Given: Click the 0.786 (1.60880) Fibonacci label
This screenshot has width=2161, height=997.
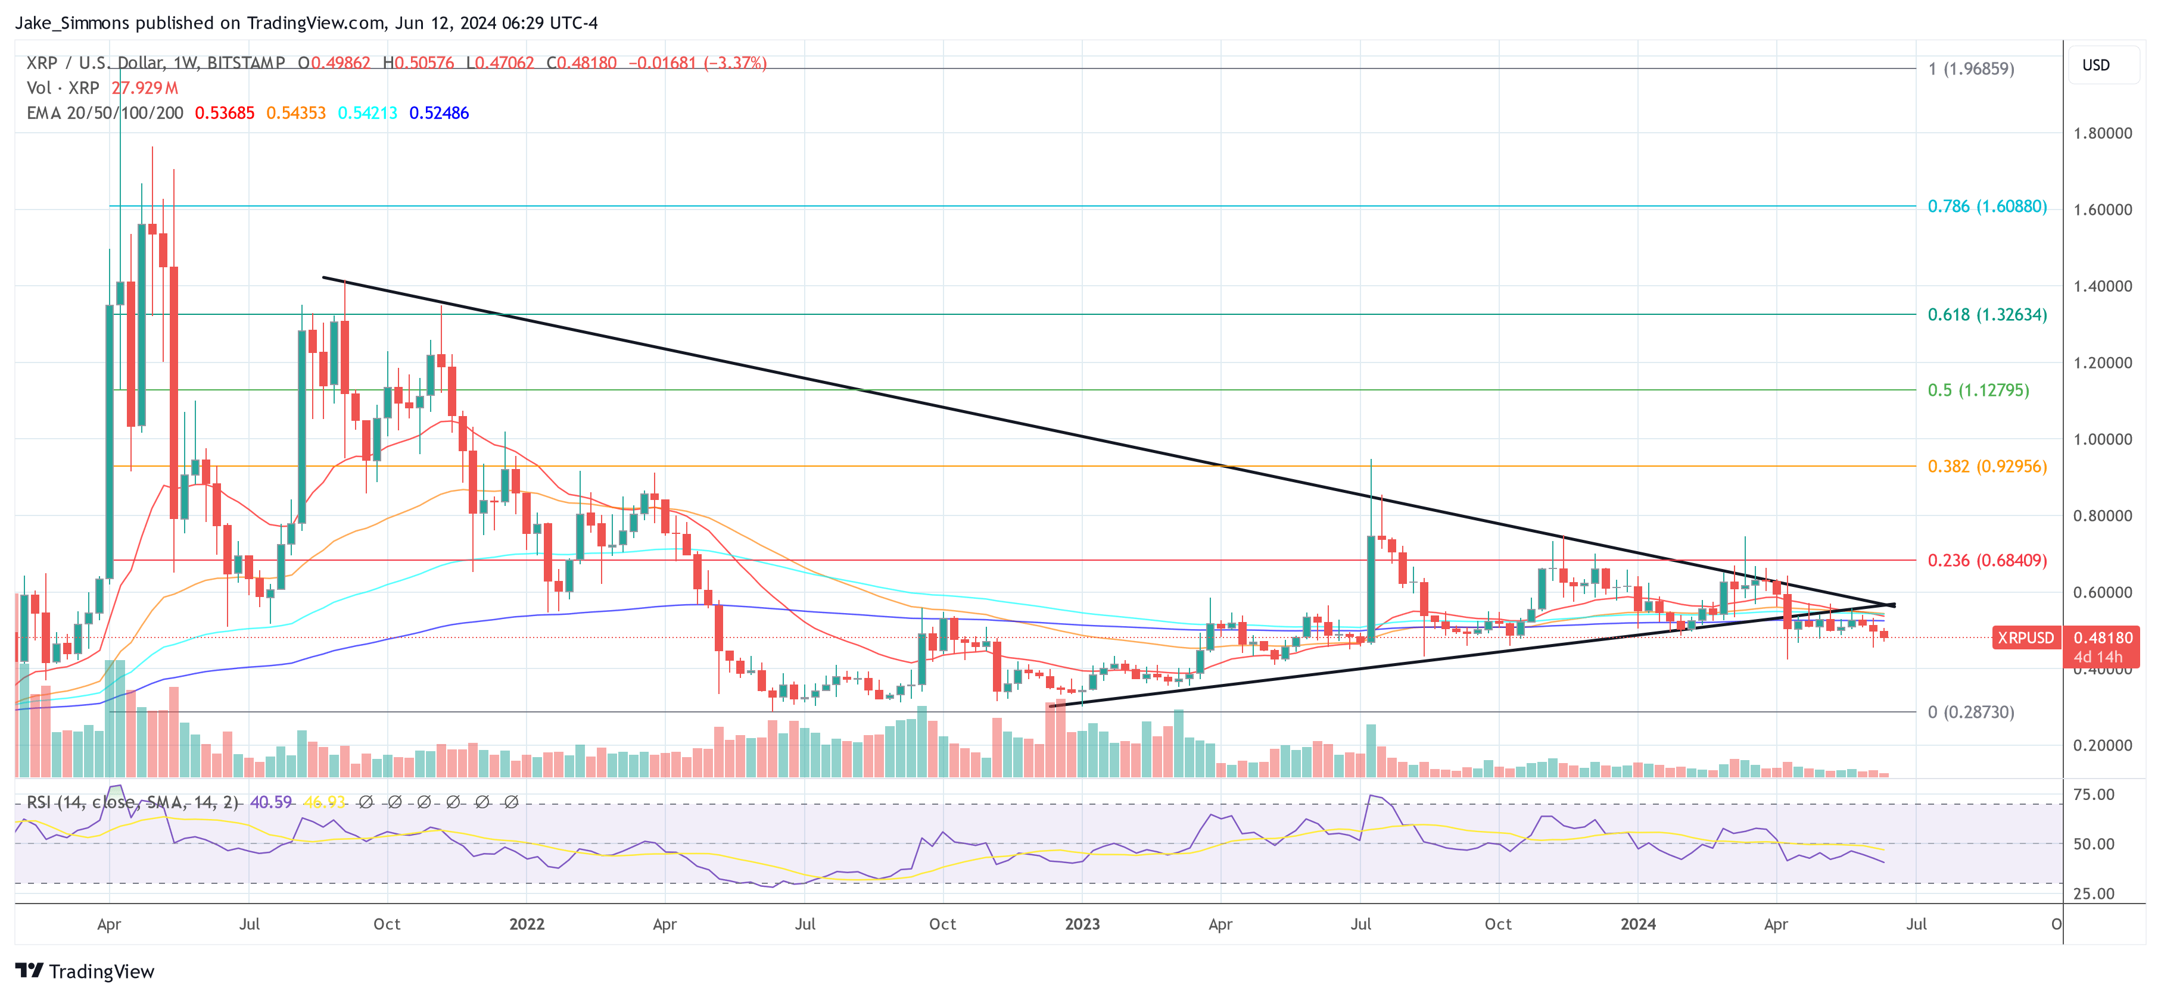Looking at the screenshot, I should point(1986,207).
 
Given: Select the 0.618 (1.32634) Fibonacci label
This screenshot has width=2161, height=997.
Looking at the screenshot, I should point(1986,314).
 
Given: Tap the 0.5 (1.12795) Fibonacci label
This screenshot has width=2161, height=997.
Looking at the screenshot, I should point(1978,390).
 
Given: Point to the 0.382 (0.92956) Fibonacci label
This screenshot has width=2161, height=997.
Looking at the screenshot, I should point(1986,466).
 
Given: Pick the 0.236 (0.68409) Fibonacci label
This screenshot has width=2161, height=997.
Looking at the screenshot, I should point(1986,560).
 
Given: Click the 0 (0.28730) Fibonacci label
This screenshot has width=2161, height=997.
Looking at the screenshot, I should point(1970,712).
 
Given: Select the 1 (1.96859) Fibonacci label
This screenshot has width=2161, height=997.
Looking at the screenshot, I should point(1970,69).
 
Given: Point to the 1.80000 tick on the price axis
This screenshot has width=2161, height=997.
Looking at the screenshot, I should point(2102,133).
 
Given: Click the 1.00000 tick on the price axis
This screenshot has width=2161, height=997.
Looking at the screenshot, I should point(2102,439).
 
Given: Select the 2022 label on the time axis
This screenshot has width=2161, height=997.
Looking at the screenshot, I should point(527,924).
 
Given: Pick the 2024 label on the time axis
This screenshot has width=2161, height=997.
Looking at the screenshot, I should point(1637,924).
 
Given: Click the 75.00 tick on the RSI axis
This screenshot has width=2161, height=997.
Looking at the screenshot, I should point(2093,794).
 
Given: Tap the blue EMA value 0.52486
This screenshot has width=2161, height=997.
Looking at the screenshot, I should point(439,113).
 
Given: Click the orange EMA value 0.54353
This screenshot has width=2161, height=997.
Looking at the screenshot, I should point(295,113).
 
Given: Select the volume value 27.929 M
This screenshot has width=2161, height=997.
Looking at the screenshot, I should point(144,88).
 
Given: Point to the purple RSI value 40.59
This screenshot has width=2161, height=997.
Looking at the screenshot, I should point(271,802).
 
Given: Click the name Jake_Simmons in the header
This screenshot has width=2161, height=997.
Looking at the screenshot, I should point(72,23).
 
